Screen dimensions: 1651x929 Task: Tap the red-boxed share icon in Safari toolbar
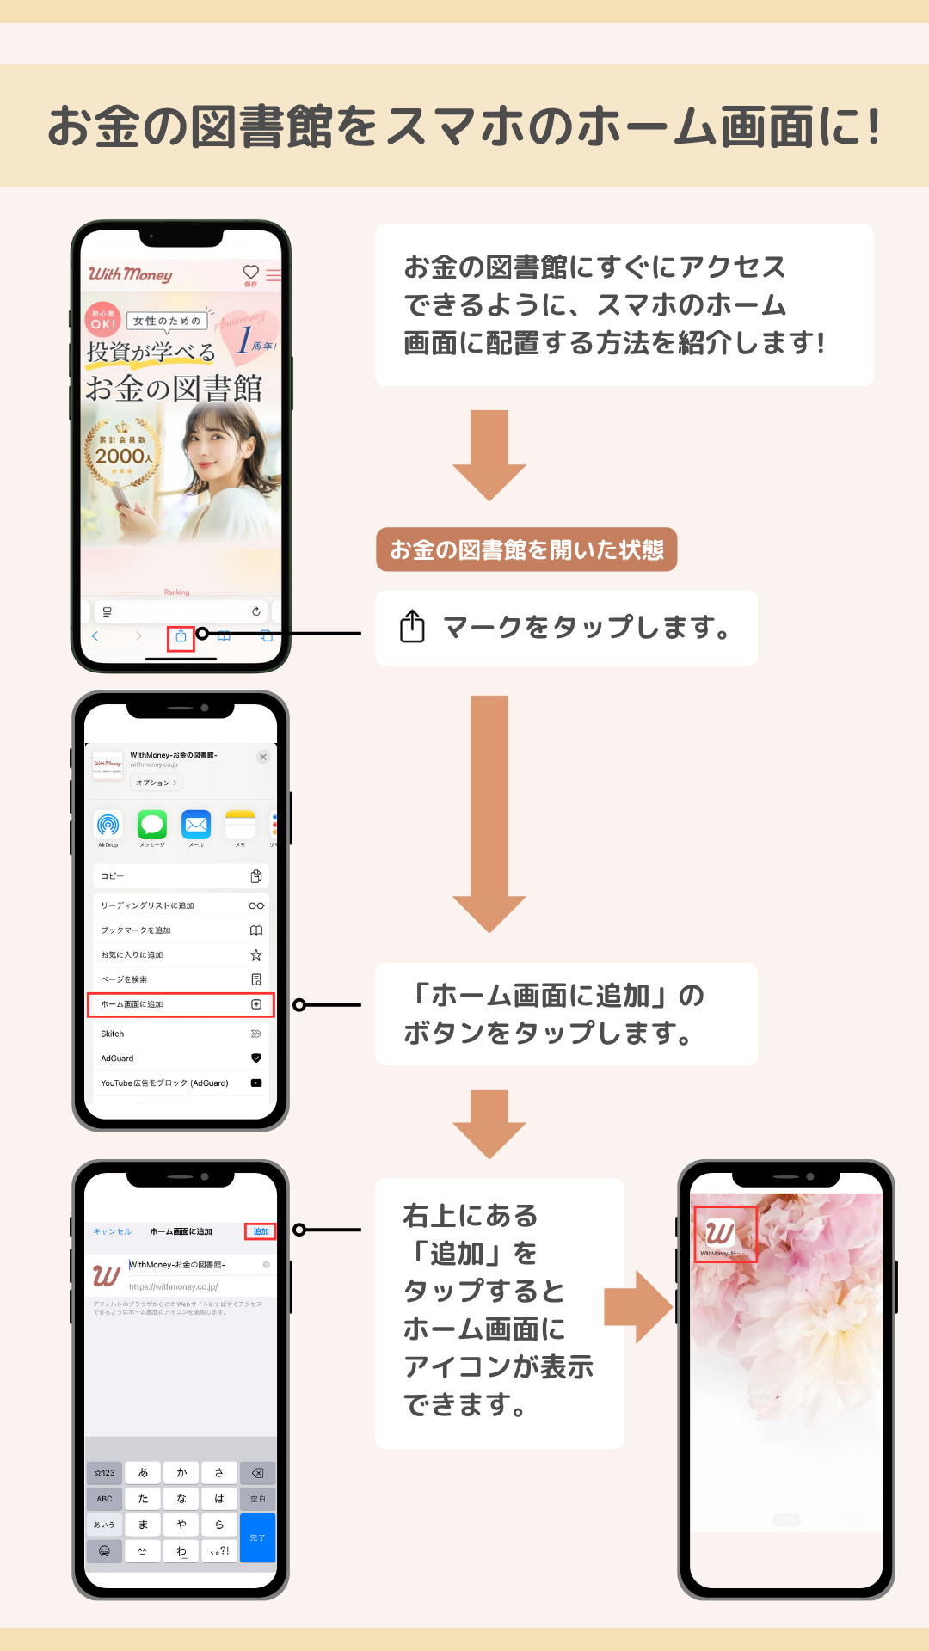181,637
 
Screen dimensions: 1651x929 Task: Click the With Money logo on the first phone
131,274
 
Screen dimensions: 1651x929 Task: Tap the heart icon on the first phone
250,272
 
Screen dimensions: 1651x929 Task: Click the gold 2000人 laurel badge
122,453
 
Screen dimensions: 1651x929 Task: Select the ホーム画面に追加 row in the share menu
181,1004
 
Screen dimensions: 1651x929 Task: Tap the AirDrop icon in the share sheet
108,825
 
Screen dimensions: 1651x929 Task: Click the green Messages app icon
152,825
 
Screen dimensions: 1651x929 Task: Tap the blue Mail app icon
196,825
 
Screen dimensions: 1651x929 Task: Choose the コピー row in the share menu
181,876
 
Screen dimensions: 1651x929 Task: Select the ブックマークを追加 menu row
181,930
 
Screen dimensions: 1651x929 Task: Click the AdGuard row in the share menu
181,1059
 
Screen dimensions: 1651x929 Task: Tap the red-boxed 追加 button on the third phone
261,1231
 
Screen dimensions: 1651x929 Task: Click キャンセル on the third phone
112,1231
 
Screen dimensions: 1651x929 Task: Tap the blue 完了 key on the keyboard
257,1537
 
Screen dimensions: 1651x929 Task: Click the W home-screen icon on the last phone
721,1233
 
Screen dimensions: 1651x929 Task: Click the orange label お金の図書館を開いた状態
526,549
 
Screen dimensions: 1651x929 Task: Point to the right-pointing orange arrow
637,1307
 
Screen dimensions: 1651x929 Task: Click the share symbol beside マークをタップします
412,626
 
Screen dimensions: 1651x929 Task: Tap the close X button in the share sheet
263,757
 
